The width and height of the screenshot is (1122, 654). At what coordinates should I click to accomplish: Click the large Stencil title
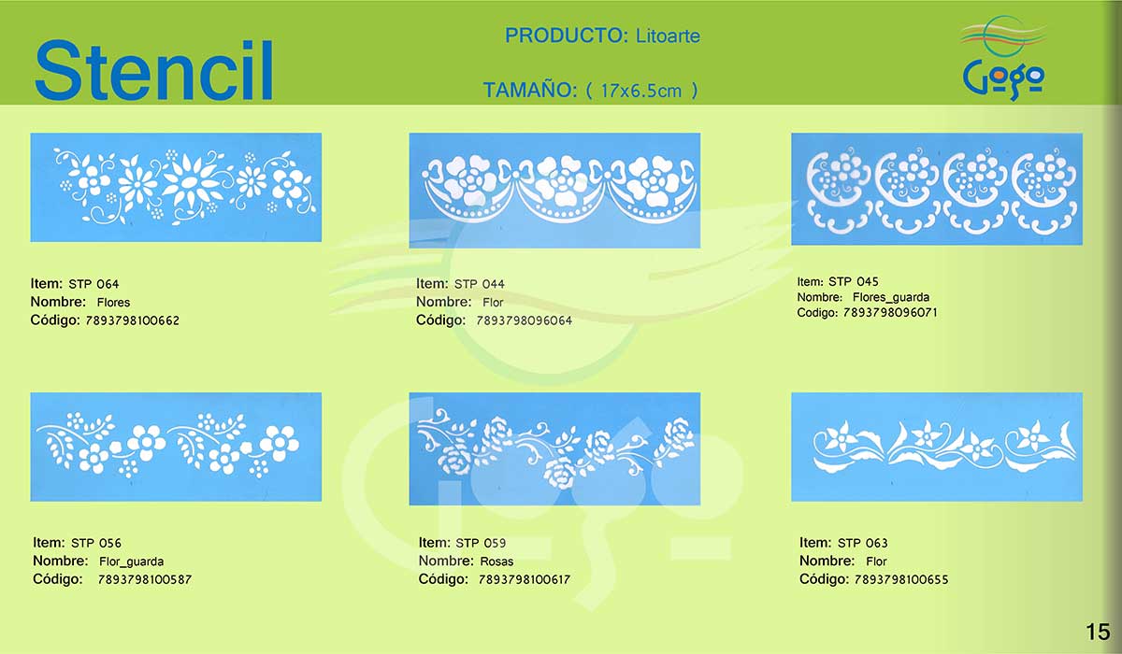[x=153, y=70]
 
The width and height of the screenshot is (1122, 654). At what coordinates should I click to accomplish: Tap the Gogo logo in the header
[x=1003, y=58]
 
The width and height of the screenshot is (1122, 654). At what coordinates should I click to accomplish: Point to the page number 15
[x=1098, y=632]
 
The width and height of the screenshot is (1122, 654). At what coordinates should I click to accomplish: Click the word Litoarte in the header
[x=668, y=36]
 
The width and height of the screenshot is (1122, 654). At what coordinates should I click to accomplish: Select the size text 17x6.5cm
[x=640, y=91]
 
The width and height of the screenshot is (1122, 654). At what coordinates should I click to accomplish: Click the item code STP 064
[x=93, y=284]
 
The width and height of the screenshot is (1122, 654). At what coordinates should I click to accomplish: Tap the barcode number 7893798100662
[x=132, y=320]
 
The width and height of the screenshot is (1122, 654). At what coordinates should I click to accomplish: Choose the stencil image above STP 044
[x=554, y=191]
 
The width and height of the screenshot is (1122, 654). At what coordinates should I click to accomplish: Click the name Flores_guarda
[x=890, y=297]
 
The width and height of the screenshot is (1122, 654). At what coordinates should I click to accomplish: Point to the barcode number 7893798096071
[x=890, y=313]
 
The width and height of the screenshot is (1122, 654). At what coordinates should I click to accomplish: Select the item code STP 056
[x=96, y=543]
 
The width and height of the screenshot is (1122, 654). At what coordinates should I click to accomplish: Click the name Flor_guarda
[x=131, y=562]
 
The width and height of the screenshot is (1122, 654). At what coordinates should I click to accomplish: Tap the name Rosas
[x=496, y=562]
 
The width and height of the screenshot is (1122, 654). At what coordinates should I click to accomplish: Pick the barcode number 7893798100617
[x=525, y=579]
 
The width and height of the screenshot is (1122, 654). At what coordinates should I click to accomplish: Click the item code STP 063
[x=862, y=543]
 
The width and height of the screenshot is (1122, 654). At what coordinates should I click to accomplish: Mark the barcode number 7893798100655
[x=901, y=579]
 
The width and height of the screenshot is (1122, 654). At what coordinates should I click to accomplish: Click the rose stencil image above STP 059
[x=554, y=448]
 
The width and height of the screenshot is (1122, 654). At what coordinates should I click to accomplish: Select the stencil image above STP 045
[x=937, y=189]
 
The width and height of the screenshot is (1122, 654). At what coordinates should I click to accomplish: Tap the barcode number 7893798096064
[x=524, y=320]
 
